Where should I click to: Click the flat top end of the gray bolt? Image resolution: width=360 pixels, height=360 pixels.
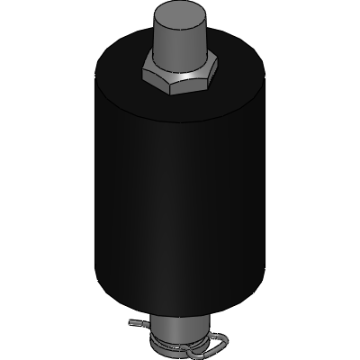point(180,12)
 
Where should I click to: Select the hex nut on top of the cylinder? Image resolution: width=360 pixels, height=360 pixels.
point(179,79)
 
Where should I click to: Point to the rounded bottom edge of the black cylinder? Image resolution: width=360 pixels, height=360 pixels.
point(180,303)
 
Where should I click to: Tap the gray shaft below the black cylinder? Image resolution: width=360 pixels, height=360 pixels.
point(180,322)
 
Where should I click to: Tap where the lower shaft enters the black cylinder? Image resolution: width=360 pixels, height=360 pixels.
point(180,309)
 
